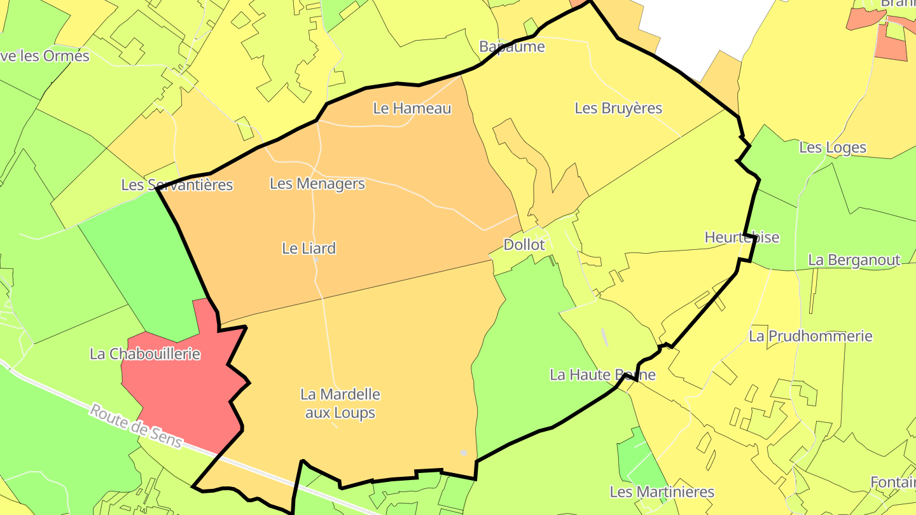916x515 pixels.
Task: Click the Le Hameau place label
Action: click(x=412, y=108)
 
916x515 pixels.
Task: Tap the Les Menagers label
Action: click(x=317, y=184)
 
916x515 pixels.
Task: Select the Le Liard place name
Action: click(x=309, y=248)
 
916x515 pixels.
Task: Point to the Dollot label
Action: click(x=524, y=245)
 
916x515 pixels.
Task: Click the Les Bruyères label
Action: click(x=618, y=108)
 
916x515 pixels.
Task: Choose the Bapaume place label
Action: click(x=512, y=46)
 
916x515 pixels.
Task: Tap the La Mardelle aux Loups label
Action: click(x=340, y=403)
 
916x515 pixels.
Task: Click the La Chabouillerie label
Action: click(x=145, y=354)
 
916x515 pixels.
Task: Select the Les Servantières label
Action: click(x=177, y=185)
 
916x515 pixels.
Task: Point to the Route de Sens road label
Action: click(x=135, y=425)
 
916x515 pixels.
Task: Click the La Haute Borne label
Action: click(x=602, y=374)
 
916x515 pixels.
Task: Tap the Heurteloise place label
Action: click(x=742, y=237)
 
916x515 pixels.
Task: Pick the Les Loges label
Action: click(x=832, y=148)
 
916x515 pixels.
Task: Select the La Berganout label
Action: click(x=854, y=260)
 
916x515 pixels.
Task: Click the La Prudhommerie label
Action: click(x=810, y=336)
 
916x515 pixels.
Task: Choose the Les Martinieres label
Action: click(x=662, y=491)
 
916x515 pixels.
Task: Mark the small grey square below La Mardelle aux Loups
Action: click(x=464, y=453)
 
